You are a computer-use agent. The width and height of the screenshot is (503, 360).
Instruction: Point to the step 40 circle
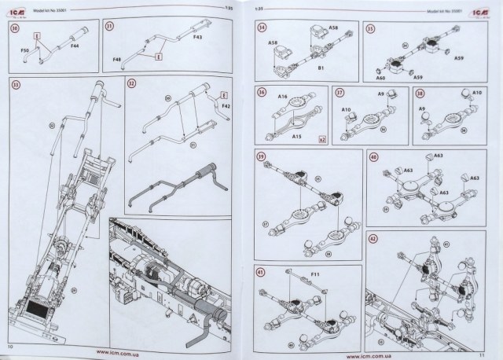(x=374, y=156)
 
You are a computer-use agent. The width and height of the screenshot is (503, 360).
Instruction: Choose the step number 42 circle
(x=374, y=237)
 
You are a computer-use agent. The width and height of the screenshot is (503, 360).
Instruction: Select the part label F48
(x=118, y=61)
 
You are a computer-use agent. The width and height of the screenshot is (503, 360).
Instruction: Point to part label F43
(x=197, y=38)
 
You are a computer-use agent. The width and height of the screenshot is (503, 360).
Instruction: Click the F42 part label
(x=225, y=104)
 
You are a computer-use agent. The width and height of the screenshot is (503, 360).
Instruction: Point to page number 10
(x=10, y=347)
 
